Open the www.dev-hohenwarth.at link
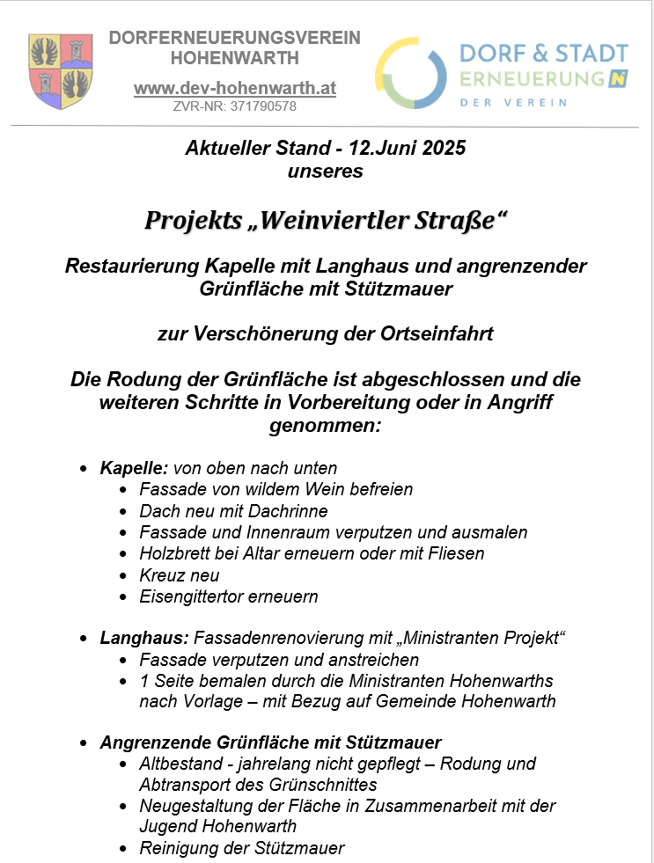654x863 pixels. pos(234,89)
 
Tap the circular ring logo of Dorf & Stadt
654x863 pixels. pos(411,73)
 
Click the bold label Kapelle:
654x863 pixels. pos(135,468)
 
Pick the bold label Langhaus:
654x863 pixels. pos(143,638)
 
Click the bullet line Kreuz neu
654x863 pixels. pos(180,575)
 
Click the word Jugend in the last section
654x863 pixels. pos(168,827)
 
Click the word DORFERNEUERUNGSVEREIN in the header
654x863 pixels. pos(234,39)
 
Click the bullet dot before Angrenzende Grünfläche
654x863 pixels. pos(83,743)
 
